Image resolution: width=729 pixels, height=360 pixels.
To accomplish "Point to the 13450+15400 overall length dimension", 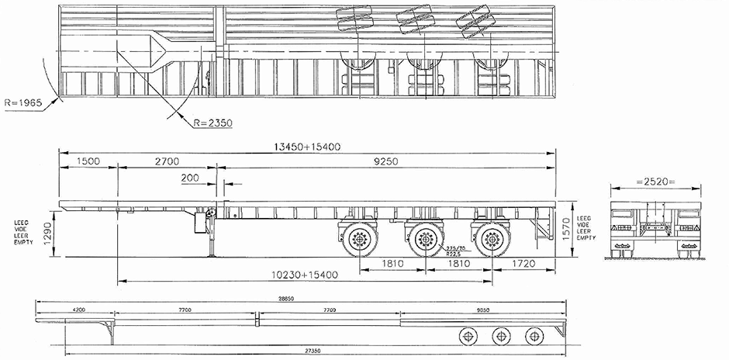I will [x=309, y=146].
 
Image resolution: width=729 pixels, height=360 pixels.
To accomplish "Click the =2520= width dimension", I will [x=655, y=182].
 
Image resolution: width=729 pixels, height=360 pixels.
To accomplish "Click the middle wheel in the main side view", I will [x=424, y=240].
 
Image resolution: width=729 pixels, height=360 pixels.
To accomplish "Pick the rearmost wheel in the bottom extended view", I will [x=533, y=334].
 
